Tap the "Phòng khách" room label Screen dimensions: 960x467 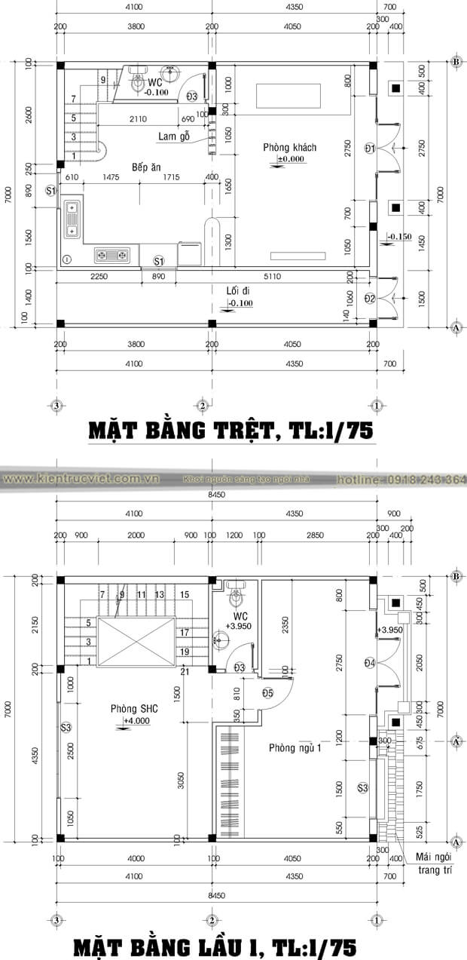(289, 147)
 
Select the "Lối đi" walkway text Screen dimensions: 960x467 (238, 290)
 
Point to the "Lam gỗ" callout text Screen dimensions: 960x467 (173, 136)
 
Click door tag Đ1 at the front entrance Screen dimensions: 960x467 (370, 148)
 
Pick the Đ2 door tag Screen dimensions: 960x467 (370, 299)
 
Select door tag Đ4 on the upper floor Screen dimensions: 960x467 (370, 663)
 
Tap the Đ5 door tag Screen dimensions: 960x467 (268, 693)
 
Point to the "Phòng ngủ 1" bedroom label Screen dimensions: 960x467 (297, 748)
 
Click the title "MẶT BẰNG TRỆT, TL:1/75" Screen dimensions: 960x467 (231, 431)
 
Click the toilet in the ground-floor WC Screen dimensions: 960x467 (139, 80)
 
